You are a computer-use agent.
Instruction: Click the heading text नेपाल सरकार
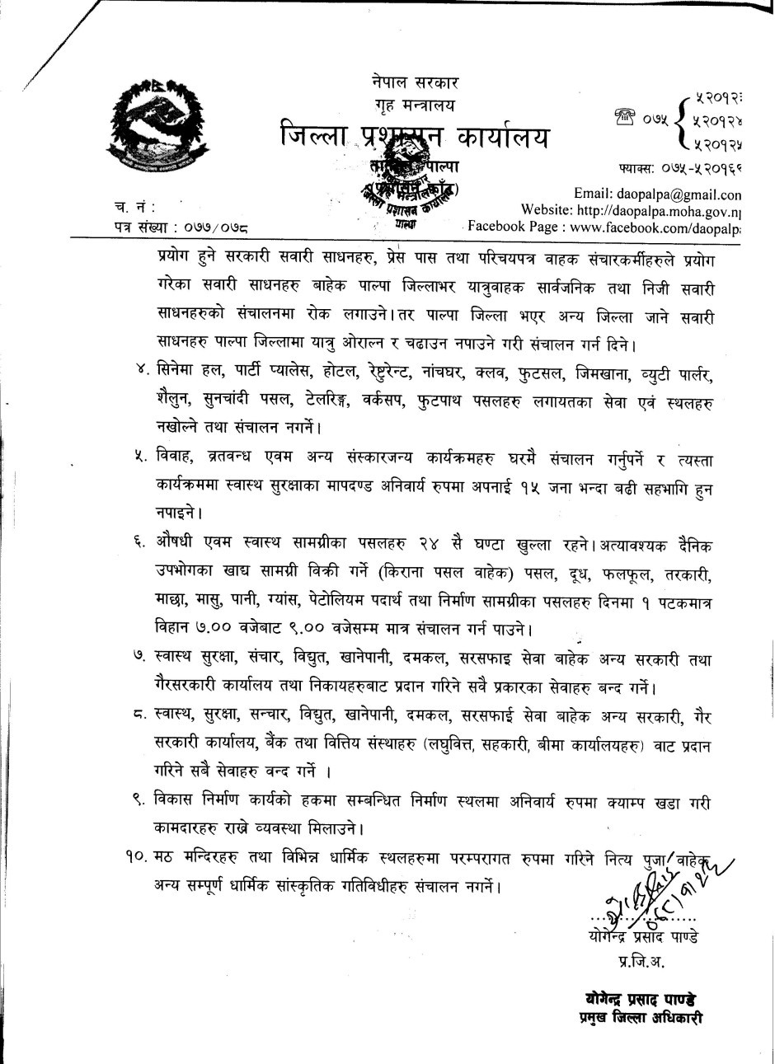[x=415, y=82]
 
